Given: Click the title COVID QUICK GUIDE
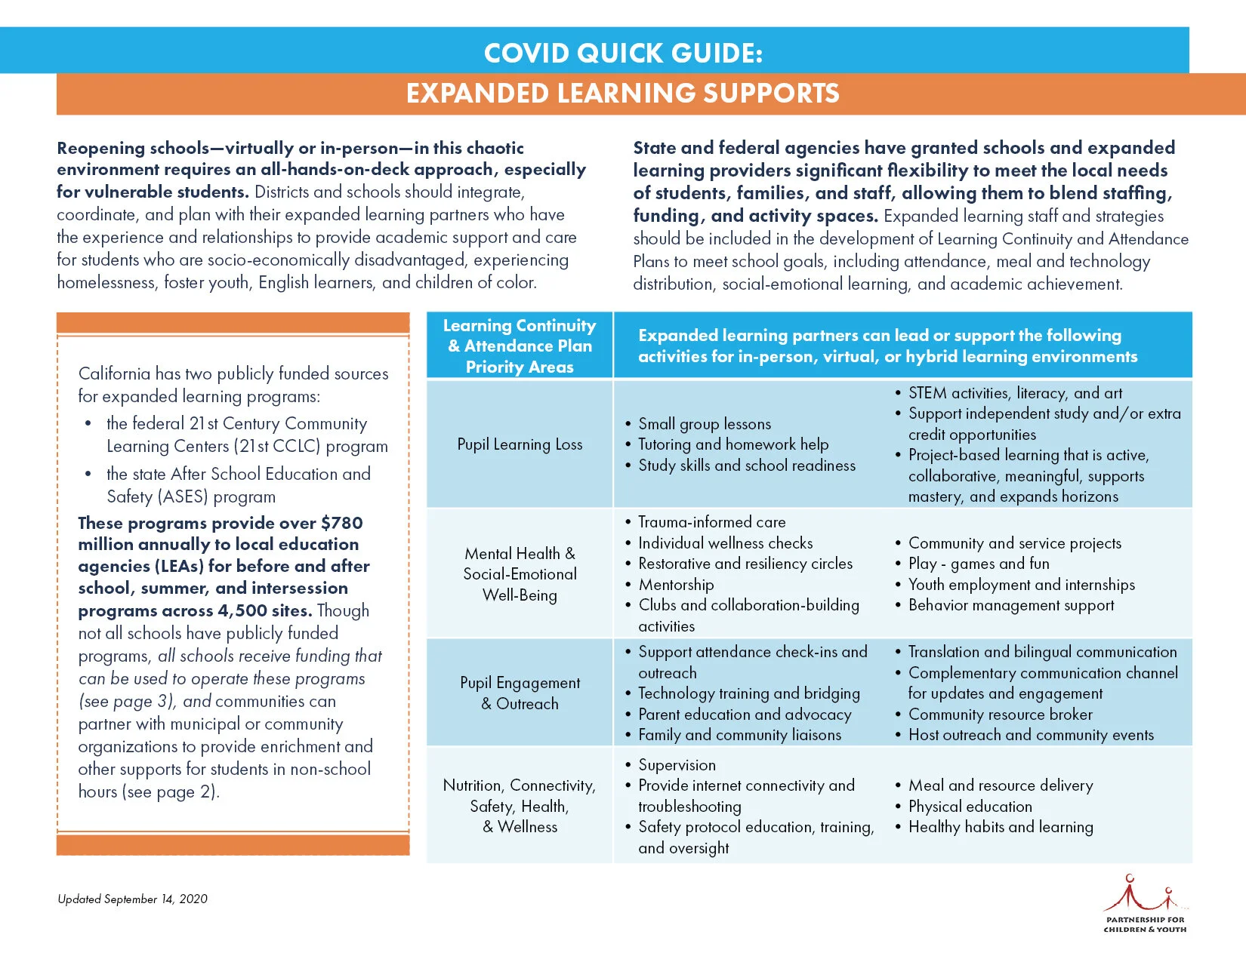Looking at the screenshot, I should pyautogui.click(x=623, y=53).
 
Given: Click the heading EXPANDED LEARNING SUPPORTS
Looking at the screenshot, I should pyautogui.click(x=623, y=94).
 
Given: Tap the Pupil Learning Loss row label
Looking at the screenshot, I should pyautogui.click(x=520, y=444).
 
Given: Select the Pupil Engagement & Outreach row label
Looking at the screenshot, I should pyautogui.click(x=520, y=693).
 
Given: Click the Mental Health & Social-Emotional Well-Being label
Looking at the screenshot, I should pyautogui.click(x=520, y=574).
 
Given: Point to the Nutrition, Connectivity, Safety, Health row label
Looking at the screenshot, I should pyautogui.click(x=520, y=806).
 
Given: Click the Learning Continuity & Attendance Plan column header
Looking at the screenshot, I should pyautogui.click(x=520, y=346).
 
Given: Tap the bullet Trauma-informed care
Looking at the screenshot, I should pyautogui.click(x=711, y=522).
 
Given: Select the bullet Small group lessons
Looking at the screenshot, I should pyautogui.click(x=705, y=424).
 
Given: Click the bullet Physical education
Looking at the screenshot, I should pyautogui.click(x=970, y=807).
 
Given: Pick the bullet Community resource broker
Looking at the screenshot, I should pyautogui.click(x=1000, y=715).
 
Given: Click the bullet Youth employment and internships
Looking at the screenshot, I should pyautogui.click(x=1021, y=585).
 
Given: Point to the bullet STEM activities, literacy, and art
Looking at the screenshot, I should pyautogui.click(x=1015, y=393).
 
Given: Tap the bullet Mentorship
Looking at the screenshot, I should pyautogui.click(x=676, y=585).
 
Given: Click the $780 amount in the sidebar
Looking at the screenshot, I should pyautogui.click(x=341, y=523).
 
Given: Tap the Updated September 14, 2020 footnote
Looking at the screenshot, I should pyautogui.click(x=132, y=899).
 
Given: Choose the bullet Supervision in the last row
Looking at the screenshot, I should pyautogui.click(x=677, y=765).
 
